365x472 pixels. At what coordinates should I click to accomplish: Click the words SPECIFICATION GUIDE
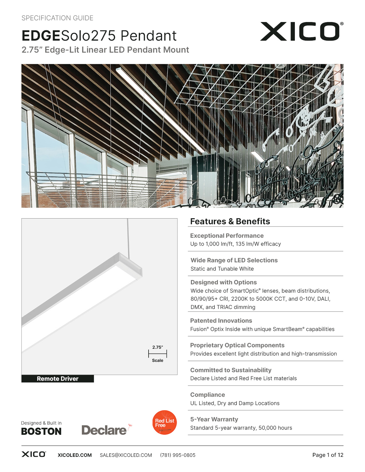[57, 18]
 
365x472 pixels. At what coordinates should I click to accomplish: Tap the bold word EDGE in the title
[41, 36]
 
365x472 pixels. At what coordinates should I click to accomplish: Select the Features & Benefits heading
[230, 221]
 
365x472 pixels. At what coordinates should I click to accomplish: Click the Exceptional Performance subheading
[227, 236]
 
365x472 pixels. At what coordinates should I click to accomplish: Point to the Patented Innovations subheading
[221, 321]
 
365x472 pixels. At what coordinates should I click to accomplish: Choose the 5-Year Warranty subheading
[214, 419]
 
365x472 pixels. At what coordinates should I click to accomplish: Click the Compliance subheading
[208, 395]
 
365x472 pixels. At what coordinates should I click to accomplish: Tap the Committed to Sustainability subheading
[231, 370]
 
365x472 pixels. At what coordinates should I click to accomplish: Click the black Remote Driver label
[58, 379]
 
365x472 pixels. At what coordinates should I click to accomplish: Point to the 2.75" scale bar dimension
[157, 354]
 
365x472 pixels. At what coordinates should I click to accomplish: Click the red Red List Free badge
[164, 423]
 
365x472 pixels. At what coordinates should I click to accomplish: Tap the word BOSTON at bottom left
[42, 431]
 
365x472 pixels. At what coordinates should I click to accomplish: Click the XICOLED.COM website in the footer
[75, 455]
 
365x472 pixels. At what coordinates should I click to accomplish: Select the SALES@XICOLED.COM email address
[126, 455]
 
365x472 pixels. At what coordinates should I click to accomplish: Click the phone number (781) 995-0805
[178, 455]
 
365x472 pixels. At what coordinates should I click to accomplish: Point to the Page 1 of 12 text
[327, 455]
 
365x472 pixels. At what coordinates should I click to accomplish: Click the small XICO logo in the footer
[33, 454]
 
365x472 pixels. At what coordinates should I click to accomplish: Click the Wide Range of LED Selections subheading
[234, 260]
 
